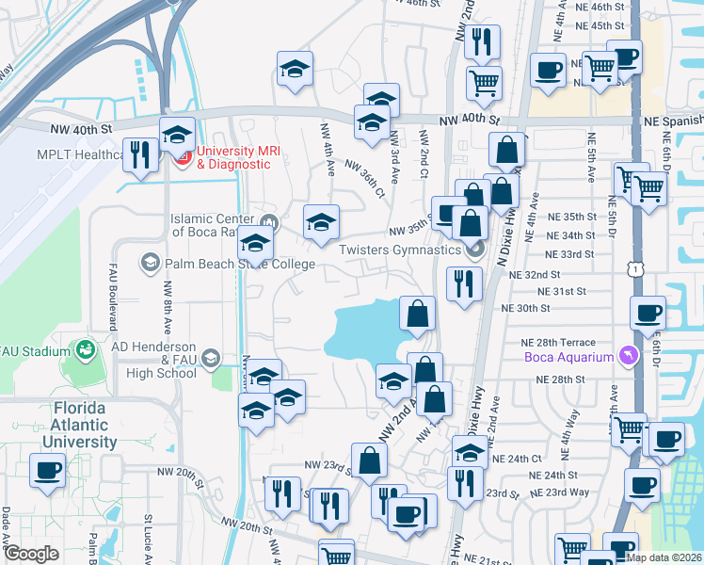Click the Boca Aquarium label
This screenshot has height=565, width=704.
point(568,357)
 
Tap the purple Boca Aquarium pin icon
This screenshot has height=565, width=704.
point(626,356)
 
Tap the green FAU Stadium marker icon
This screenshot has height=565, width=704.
point(85,350)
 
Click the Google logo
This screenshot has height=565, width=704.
point(31,554)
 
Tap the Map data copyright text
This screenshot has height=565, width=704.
point(664,557)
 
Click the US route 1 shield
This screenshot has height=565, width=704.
point(637,269)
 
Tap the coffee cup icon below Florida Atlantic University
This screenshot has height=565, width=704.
point(47,470)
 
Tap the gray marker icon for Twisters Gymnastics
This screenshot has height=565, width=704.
point(474,250)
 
